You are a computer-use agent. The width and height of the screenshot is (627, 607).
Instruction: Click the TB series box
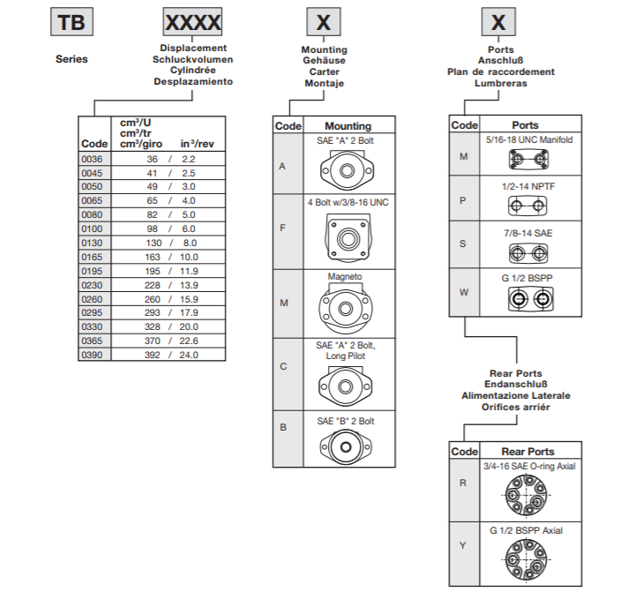[71, 21]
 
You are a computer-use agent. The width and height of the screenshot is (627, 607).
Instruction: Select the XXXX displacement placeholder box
[193, 21]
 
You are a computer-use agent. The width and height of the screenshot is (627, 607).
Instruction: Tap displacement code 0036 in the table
[93, 158]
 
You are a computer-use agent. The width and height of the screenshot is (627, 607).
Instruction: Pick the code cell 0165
[93, 257]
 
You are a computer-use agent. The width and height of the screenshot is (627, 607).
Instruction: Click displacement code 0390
[93, 355]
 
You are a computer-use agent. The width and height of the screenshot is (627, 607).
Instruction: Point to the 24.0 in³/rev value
[189, 355]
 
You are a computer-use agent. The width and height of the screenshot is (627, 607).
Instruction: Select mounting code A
[283, 165]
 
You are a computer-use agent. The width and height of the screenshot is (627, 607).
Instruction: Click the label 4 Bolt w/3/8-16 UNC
[347, 202]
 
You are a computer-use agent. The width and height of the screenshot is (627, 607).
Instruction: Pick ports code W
[463, 292]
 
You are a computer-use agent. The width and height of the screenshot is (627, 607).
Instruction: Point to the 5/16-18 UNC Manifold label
[529, 139]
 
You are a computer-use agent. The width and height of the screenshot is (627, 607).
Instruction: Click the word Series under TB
[71, 59]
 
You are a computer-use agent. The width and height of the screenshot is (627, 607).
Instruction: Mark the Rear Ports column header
[527, 452]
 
